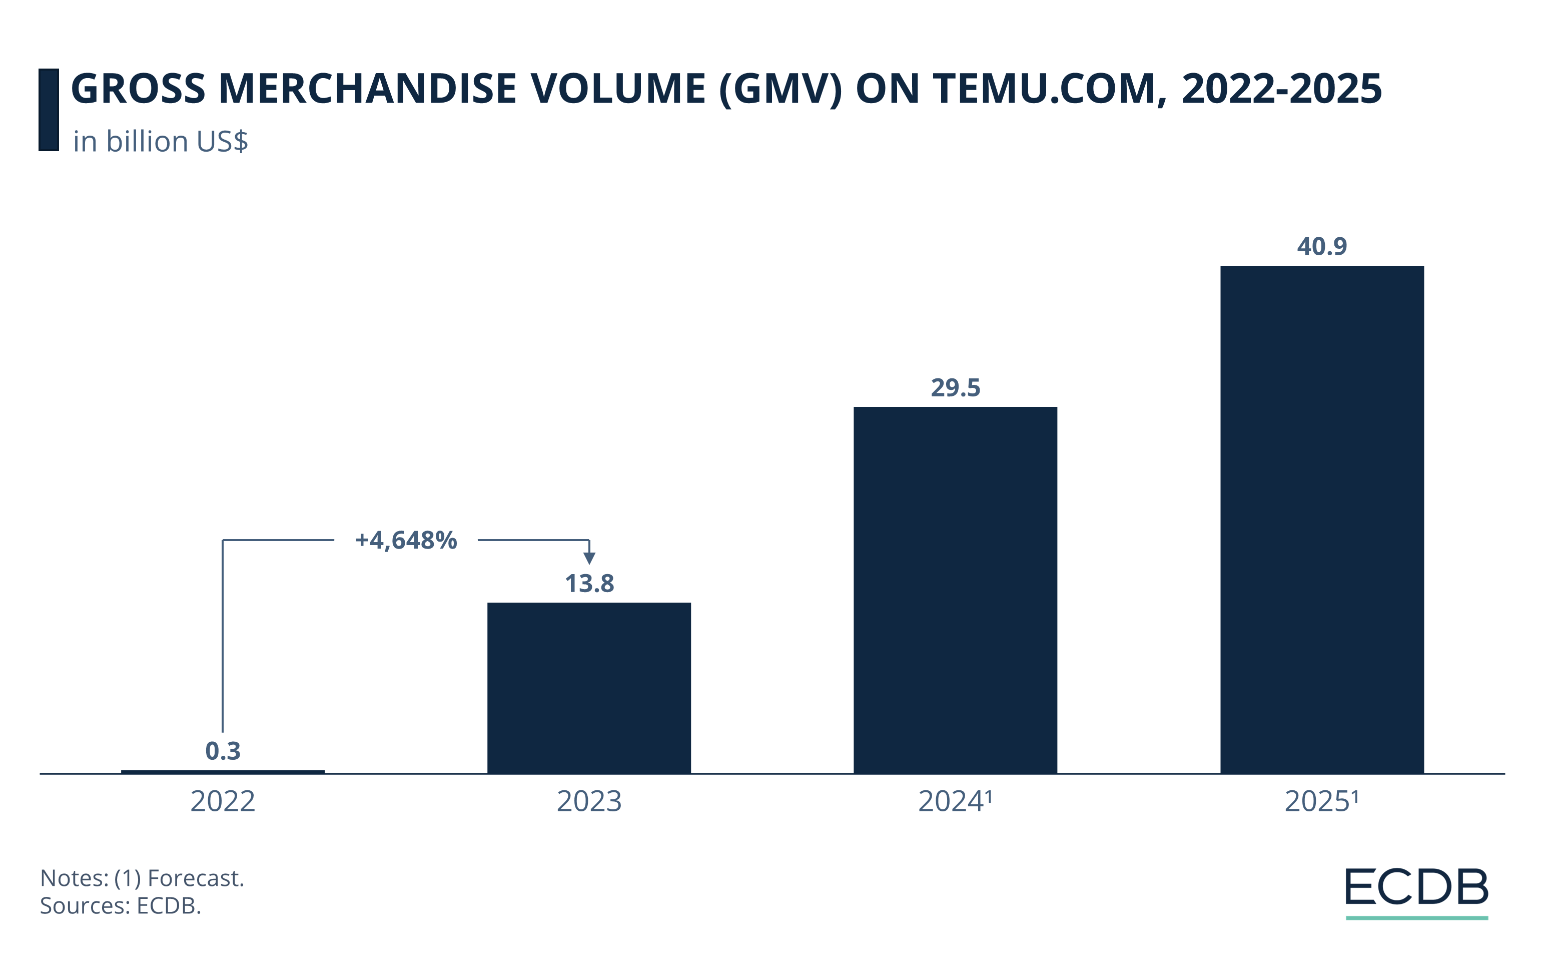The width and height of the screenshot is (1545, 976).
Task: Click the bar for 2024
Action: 955,590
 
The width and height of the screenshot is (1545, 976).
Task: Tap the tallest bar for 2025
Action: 1322,520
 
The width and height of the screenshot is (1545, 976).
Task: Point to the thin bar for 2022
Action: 223,772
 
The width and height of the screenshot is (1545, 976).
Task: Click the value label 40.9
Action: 1322,246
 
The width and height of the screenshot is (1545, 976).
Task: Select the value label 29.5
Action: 955,387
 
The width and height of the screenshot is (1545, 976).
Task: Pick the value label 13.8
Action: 589,583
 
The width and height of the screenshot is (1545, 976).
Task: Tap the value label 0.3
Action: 223,751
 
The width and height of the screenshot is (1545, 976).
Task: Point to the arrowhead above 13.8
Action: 589,558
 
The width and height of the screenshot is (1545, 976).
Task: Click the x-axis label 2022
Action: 223,801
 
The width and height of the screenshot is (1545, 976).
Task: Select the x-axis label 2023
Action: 589,801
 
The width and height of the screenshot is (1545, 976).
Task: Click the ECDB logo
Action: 1417,889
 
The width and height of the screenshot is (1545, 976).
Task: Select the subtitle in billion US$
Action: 161,142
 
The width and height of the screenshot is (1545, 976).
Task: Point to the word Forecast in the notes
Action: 195,878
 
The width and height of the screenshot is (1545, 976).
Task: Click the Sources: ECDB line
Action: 121,905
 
